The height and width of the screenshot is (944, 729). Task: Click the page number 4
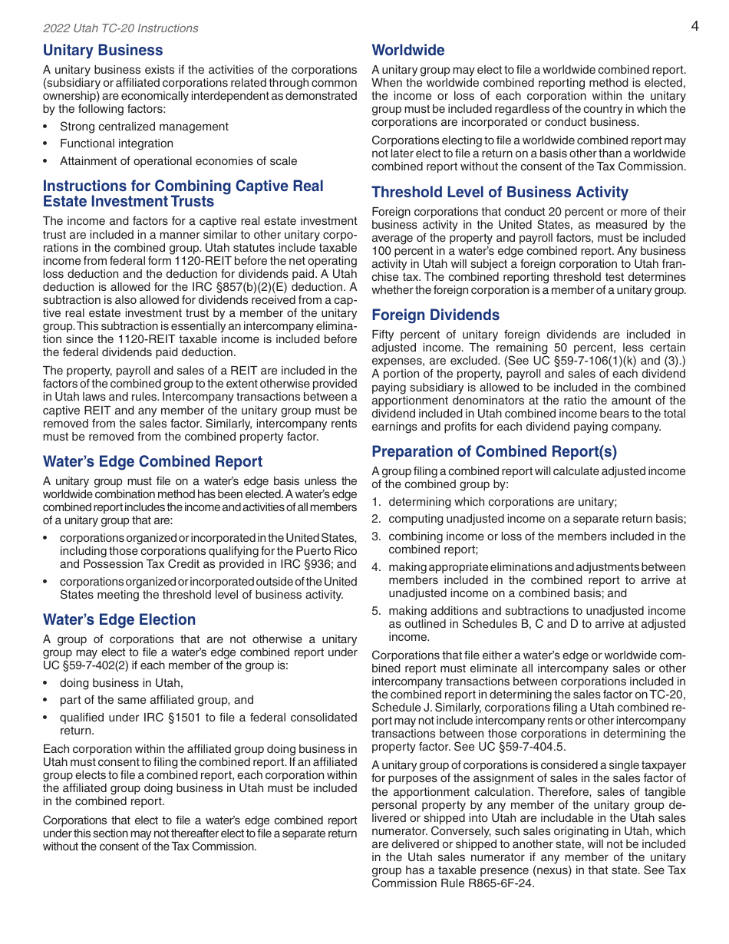coord(694,26)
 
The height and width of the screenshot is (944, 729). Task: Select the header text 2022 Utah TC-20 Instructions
coord(120,28)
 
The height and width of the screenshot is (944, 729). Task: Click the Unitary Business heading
coord(103,51)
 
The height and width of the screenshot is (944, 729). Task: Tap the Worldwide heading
coord(407,51)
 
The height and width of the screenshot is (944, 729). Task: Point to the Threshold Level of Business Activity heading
coord(500,193)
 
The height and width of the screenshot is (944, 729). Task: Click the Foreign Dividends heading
coord(435,315)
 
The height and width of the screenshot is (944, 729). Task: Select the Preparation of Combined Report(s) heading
coord(494,451)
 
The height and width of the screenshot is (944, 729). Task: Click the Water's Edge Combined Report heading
coord(152,462)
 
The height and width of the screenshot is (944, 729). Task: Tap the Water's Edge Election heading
coord(119,620)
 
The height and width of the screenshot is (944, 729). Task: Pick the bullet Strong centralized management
coord(143,127)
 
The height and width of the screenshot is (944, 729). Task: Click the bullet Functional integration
coord(117,144)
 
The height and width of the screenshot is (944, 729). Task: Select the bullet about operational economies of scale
coord(178,161)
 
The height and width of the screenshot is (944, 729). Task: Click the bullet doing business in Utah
coord(121,683)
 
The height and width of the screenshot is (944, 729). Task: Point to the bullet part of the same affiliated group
coord(157,700)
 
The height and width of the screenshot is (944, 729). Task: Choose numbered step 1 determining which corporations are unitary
coord(502,502)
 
